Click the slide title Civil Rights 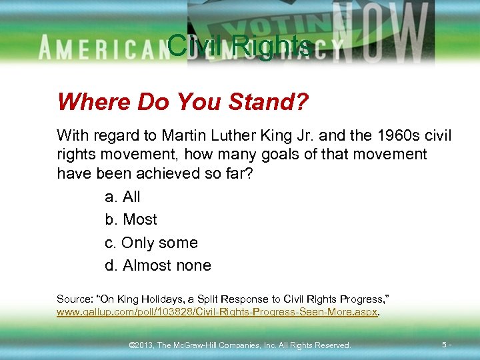239,45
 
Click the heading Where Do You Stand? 183,102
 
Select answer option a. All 123,197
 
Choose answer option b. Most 131,219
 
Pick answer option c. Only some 151,243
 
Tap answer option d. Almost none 158,265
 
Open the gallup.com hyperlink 217,312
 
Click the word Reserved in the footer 331,345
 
